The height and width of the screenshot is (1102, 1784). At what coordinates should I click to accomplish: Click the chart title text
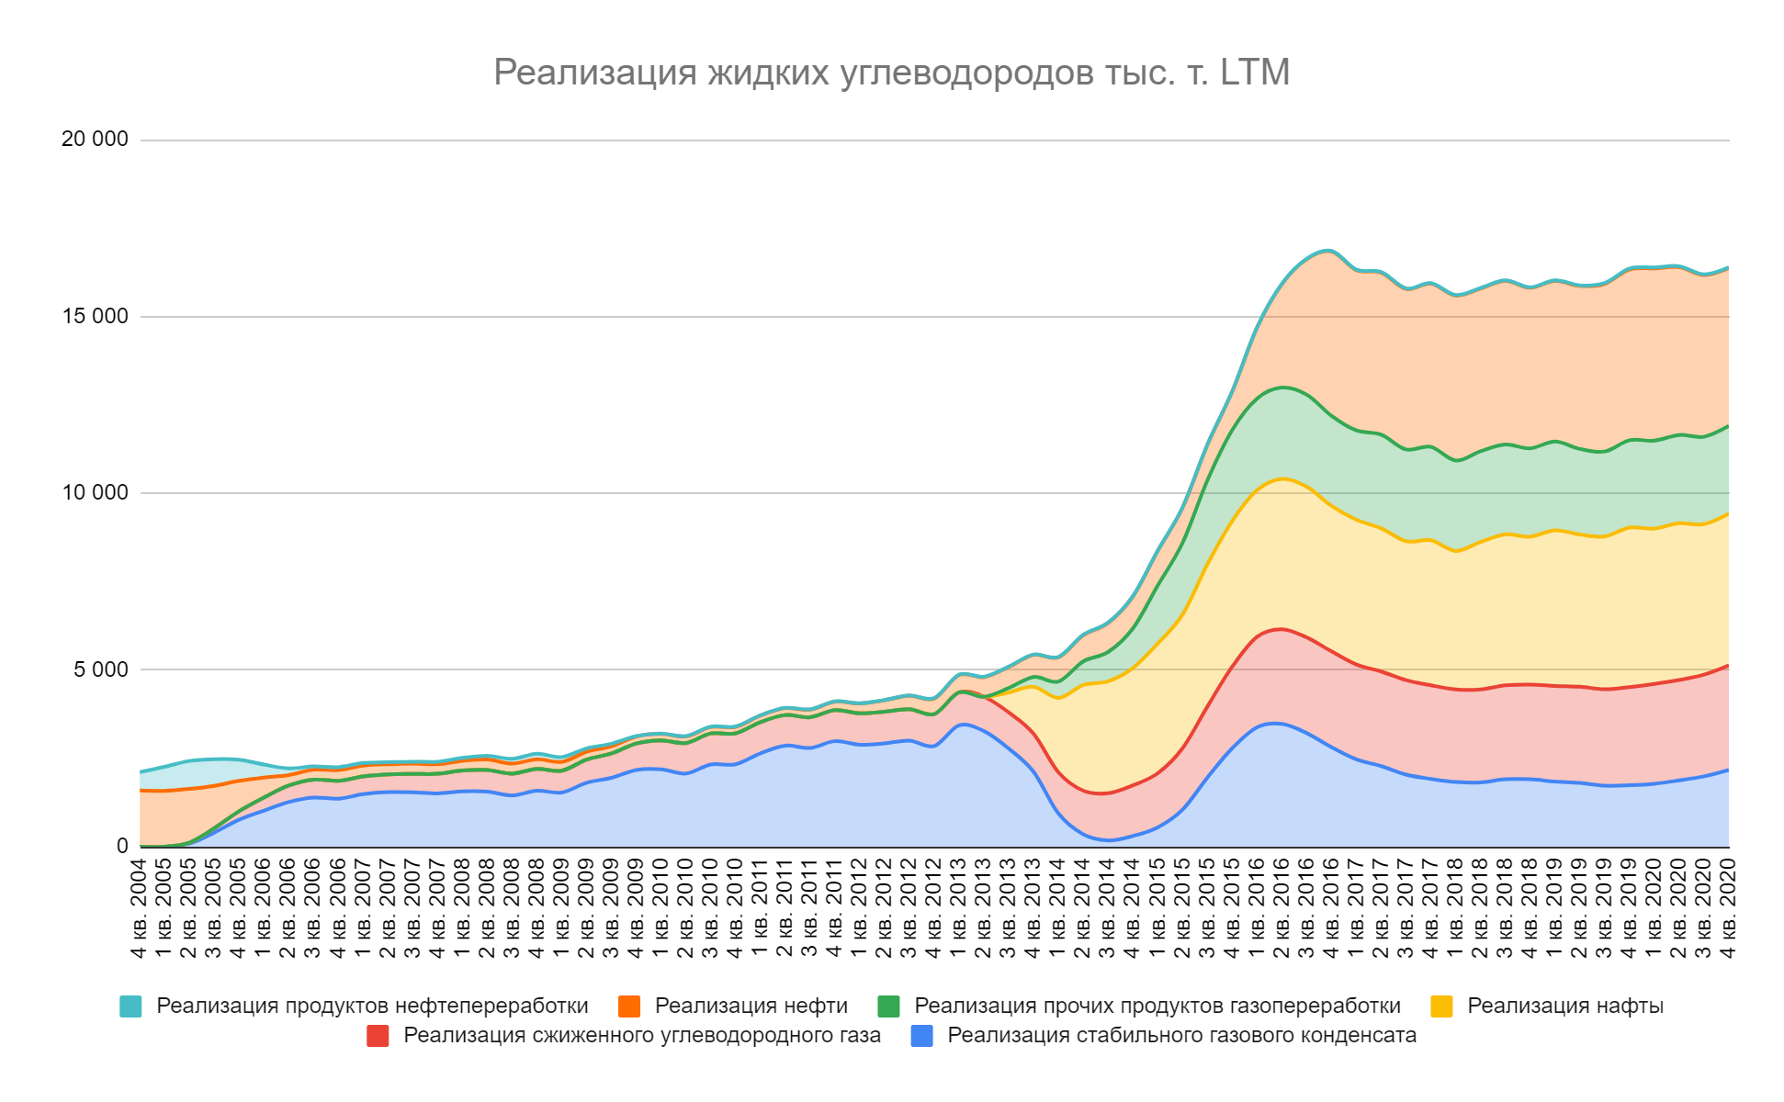[891, 72]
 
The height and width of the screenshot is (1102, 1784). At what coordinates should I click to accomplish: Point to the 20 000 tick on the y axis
[95, 140]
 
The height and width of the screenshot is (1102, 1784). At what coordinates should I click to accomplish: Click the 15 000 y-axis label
[95, 317]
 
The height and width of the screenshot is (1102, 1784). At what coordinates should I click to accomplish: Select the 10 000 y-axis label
[95, 493]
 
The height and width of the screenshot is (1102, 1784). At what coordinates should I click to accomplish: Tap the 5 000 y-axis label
[101, 669]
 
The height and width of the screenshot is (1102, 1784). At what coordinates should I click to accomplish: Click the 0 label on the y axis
[122, 846]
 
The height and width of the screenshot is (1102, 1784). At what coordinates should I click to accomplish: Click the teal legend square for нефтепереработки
[131, 1006]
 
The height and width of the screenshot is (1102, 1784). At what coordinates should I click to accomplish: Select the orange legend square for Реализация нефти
[629, 1006]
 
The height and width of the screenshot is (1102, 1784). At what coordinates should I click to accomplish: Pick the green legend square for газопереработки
[888, 1006]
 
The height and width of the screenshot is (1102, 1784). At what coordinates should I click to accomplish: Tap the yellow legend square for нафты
[1441, 1006]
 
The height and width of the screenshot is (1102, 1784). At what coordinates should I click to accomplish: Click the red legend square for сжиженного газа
[378, 1036]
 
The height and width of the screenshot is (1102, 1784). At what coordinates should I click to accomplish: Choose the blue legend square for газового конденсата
[921, 1036]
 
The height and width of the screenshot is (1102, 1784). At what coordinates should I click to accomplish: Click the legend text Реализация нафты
[1564, 1006]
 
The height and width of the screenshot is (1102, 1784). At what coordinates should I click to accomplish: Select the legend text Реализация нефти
[751, 1006]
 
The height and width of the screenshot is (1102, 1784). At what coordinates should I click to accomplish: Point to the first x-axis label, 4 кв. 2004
[140, 908]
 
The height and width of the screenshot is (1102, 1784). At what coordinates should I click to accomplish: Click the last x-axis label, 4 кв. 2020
[1728, 908]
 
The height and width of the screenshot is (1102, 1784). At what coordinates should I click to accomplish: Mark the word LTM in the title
[1255, 72]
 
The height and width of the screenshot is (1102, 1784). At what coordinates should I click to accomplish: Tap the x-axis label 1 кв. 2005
[164, 908]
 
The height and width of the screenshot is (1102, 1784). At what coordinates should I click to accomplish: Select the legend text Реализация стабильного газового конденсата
[1181, 1036]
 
